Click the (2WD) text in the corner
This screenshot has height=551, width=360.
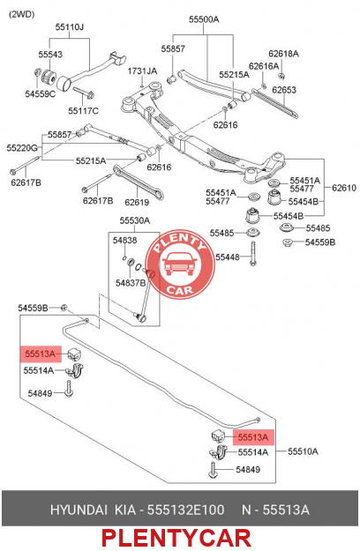[x=21, y=14]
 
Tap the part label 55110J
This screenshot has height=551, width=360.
[x=69, y=27]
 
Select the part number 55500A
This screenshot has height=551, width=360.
[x=204, y=19]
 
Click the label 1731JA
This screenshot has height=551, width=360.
[x=142, y=71]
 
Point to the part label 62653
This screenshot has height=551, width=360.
[x=284, y=90]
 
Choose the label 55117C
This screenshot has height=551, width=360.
[x=83, y=111]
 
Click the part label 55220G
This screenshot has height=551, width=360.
[x=22, y=148]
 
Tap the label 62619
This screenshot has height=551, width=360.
[x=137, y=203]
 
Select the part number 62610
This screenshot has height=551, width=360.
[x=344, y=188]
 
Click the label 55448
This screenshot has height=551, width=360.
[x=228, y=257]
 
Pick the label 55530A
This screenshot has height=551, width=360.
[x=135, y=220]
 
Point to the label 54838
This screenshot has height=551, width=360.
[x=124, y=241]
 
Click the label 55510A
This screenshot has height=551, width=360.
[x=303, y=451]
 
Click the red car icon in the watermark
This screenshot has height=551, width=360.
[x=180, y=264]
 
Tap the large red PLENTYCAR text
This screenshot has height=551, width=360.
[x=176, y=539]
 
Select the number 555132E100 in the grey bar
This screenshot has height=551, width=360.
[x=185, y=510]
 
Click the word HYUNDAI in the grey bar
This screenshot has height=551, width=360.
[x=79, y=510]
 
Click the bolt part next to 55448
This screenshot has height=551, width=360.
[x=252, y=253]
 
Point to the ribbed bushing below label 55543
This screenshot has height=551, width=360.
[x=48, y=78]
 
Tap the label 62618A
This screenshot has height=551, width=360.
[x=283, y=54]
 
